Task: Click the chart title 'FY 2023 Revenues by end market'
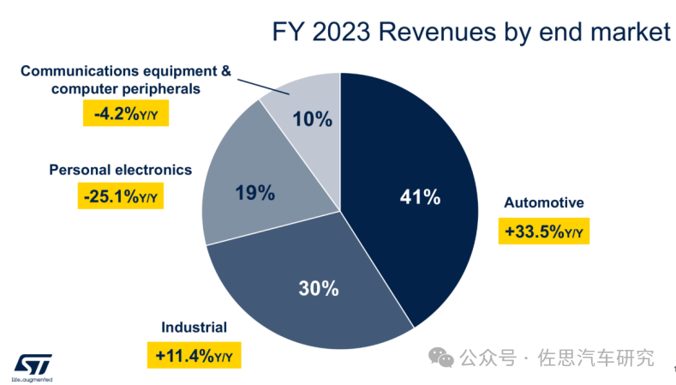click(470, 33)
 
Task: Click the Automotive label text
click(543, 203)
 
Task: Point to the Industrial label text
click(194, 327)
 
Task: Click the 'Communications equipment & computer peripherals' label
click(125, 79)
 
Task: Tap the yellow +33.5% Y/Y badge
click(544, 232)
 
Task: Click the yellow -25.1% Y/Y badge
click(122, 197)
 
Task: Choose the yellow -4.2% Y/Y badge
click(125, 113)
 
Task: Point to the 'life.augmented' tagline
click(32, 378)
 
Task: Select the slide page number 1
click(664, 368)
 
